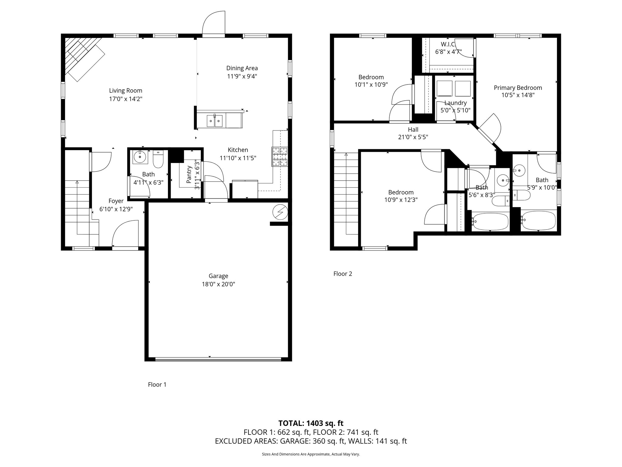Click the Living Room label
[125, 91]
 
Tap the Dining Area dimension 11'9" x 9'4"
[242, 76]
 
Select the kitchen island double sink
[215, 121]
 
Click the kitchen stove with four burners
[279, 157]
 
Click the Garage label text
[218, 276]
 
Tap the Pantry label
[189, 175]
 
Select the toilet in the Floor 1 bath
[158, 159]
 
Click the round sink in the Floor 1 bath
[140, 157]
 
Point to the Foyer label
[116, 201]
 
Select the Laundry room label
[455, 103]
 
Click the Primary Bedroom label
[518, 88]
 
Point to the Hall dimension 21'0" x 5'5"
[413, 137]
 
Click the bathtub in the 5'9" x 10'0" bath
[538, 221]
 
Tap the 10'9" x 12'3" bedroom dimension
[401, 200]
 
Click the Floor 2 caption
[343, 274]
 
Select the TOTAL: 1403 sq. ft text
[311, 423]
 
